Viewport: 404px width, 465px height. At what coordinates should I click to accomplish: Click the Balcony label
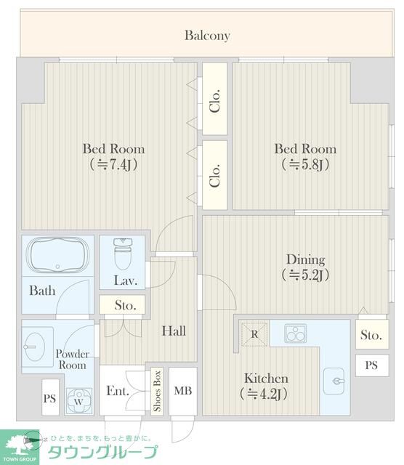pos(207,36)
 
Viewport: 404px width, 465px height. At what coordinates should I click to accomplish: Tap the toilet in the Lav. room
pos(123,254)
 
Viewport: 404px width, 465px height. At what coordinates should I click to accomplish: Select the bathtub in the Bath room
pos(57,255)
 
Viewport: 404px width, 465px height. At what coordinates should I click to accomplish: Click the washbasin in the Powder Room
pos(35,347)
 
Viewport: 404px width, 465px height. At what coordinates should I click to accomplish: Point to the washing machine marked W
pos(78,401)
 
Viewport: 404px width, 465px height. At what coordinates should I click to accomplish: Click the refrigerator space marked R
pos(254,334)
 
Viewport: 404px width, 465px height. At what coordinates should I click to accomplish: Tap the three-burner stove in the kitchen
pos(295,333)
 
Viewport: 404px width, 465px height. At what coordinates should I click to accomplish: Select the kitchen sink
pos(334,381)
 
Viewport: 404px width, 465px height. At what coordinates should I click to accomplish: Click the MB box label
pos(183,391)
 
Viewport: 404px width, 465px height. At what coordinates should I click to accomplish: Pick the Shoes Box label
pos(157,391)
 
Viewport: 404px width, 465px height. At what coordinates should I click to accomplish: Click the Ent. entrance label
pos(118,391)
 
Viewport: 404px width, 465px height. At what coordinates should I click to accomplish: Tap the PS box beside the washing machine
pos(50,397)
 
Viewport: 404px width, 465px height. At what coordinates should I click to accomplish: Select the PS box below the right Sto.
pos(372,365)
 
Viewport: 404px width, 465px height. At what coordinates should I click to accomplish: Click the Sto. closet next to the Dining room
pos(372,334)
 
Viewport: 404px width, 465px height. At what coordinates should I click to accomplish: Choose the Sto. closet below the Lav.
pos(122,304)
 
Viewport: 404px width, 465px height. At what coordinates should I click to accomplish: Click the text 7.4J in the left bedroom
pos(120,165)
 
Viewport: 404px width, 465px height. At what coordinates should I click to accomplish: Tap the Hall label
pos(174,331)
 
